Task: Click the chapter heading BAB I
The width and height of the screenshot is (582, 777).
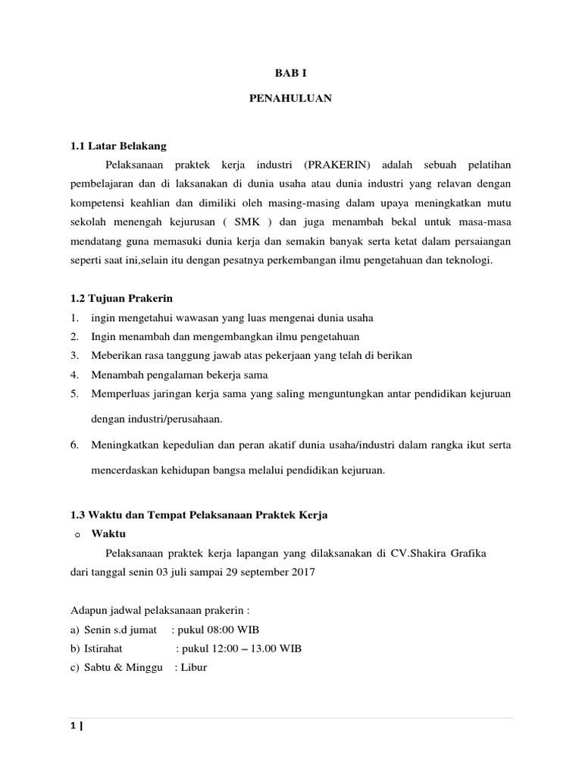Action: pyautogui.click(x=290, y=74)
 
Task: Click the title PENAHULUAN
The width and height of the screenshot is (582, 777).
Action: pyautogui.click(x=290, y=99)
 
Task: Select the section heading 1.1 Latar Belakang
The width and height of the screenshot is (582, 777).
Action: pyautogui.click(x=117, y=145)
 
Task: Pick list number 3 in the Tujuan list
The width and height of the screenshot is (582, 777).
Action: pyautogui.click(x=75, y=355)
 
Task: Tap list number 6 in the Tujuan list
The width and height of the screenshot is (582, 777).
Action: pyautogui.click(x=75, y=445)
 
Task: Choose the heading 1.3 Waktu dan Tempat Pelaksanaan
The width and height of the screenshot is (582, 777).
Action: pyautogui.click(x=199, y=515)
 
